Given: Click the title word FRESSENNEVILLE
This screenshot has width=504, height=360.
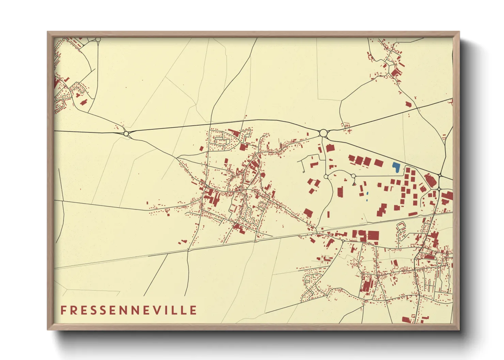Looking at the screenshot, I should click(129, 310).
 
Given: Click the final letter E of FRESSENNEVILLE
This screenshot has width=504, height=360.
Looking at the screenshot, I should click(193, 310).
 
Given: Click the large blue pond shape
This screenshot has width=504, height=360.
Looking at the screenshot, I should click(396, 167).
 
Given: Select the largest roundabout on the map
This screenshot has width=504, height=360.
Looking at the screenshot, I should click(323, 133).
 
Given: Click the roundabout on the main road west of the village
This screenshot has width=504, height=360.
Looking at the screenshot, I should click(126, 134).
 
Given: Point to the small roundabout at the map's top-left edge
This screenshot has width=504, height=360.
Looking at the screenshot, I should click(98, 40).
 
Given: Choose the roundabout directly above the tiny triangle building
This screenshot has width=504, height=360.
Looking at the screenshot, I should click(353, 176).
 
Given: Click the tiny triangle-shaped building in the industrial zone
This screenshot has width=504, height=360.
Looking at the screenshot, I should click(354, 184).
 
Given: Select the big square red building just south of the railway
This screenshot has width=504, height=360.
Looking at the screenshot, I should click(373, 235).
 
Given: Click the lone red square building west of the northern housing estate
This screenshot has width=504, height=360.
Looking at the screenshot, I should click(202, 149).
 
